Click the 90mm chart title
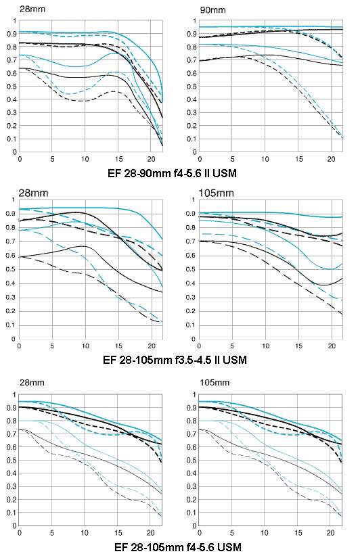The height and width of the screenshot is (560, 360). point(212,9)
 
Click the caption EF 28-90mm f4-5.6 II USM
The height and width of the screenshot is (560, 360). point(172,174)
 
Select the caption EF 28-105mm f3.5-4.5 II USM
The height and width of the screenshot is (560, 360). point(175,360)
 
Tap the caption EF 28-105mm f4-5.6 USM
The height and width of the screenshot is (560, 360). point(178,547)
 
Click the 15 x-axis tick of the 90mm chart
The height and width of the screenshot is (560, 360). point(298,159)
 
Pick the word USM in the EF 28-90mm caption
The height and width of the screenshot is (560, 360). point(226,174)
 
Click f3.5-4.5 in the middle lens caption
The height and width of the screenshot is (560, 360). point(194,360)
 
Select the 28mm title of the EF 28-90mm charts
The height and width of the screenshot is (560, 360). point(32,9)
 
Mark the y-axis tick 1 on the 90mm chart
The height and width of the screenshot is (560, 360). point(194,21)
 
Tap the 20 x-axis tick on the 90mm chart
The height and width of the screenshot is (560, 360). point(332,159)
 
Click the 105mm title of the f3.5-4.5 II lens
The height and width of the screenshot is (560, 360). point(216,193)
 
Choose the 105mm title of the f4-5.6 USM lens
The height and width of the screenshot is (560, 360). point(215,383)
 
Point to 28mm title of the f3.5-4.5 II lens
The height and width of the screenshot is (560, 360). point(33,193)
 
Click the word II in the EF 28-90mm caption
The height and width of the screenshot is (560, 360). point(210,174)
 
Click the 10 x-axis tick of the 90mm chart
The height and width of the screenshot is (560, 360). point(265,159)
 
